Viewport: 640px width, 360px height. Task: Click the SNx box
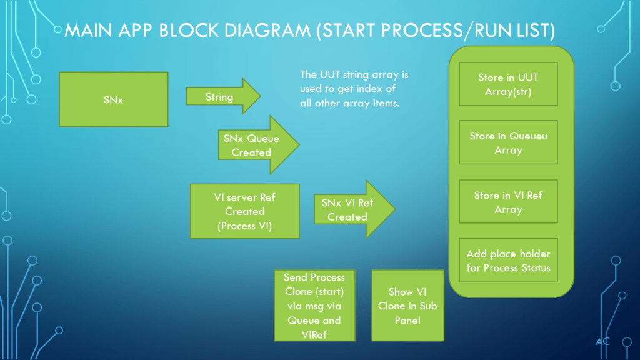tap(113, 99)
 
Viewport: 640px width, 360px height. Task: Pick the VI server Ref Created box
tap(245, 211)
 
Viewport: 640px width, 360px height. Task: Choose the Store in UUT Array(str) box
tap(507, 84)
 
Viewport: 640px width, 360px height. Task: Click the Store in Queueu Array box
tap(507, 142)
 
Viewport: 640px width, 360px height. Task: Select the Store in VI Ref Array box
tap(507, 202)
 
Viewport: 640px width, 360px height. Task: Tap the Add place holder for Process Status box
tap(507, 261)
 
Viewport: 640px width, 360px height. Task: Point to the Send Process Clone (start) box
tap(314, 305)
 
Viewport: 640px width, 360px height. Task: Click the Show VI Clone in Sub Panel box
tap(407, 305)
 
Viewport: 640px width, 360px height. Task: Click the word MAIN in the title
tap(89, 31)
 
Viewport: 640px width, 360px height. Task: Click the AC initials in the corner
tap(602, 341)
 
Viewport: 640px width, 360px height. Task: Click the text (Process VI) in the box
tap(245, 226)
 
